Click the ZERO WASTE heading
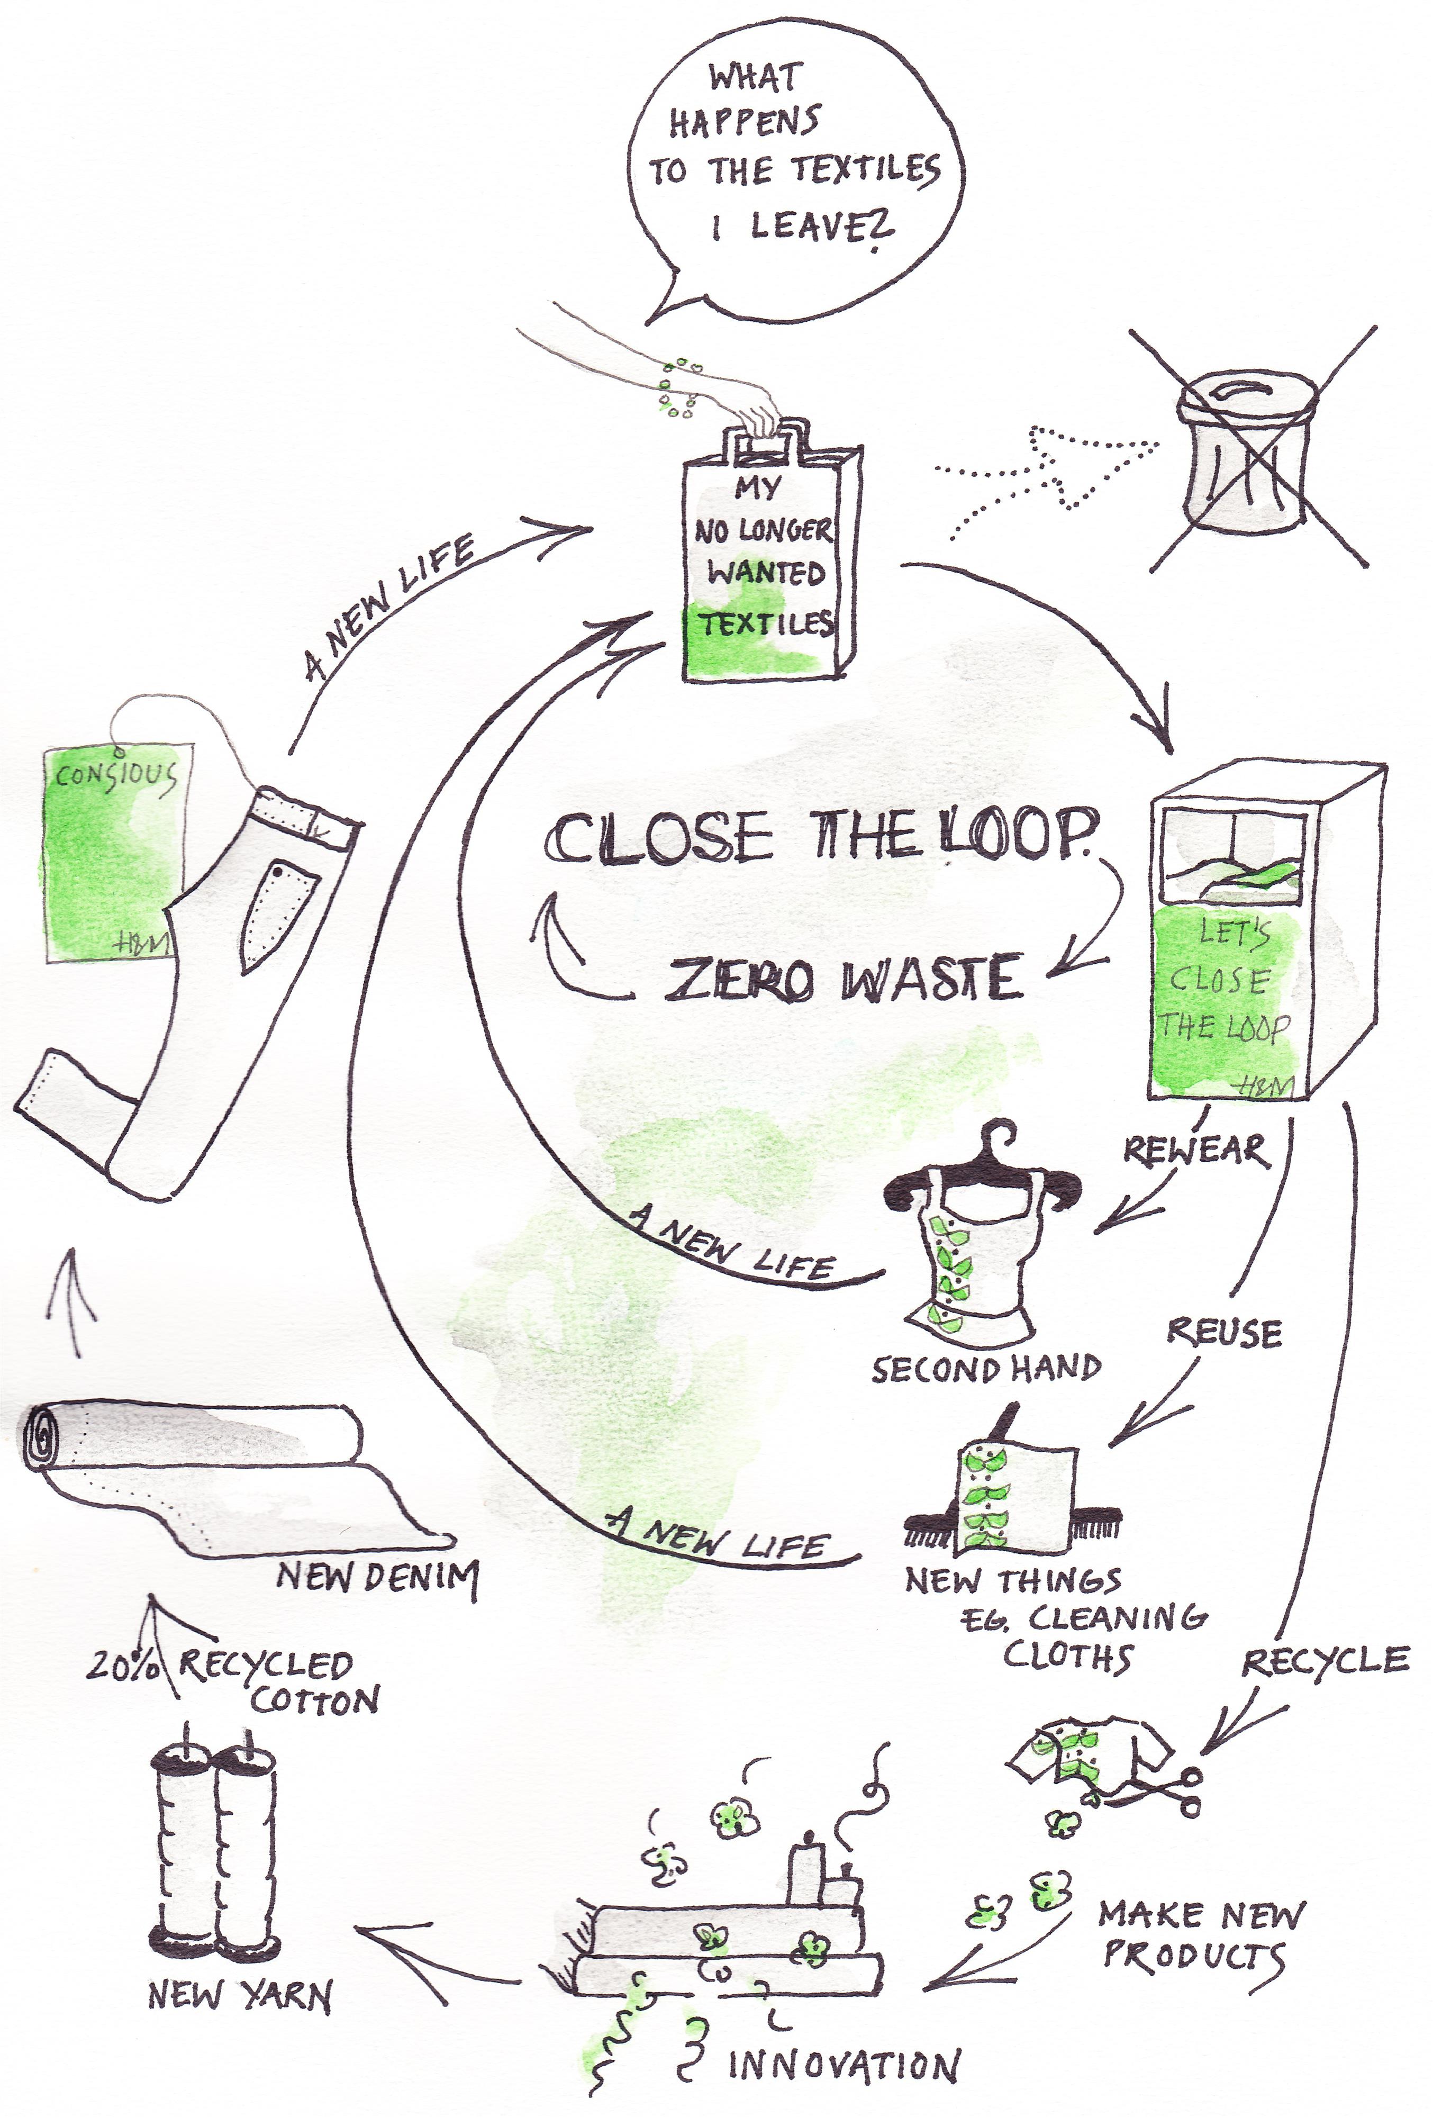tap(842, 979)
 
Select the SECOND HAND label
tap(986, 1369)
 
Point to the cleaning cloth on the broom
tap(1016, 1494)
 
